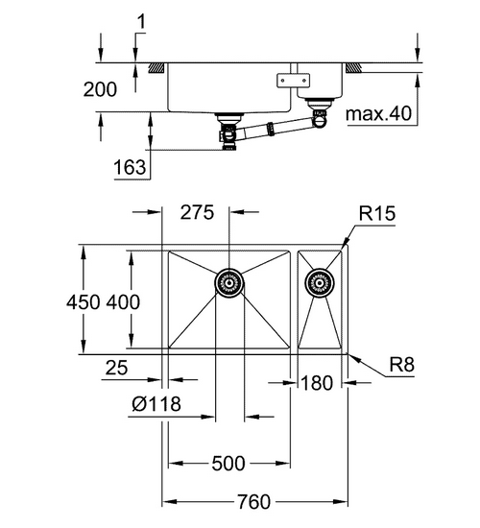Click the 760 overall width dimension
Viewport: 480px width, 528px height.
(252, 501)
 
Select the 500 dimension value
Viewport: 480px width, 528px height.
(228, 464)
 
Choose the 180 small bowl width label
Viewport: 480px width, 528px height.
(315, 383)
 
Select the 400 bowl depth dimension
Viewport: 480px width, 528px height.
(124, 301)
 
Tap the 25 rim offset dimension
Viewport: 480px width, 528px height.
(117, 365)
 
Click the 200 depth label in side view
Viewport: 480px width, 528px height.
(101, 90)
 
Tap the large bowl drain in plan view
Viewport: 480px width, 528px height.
(228, 281)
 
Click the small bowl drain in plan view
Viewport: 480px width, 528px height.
(317, 282)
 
